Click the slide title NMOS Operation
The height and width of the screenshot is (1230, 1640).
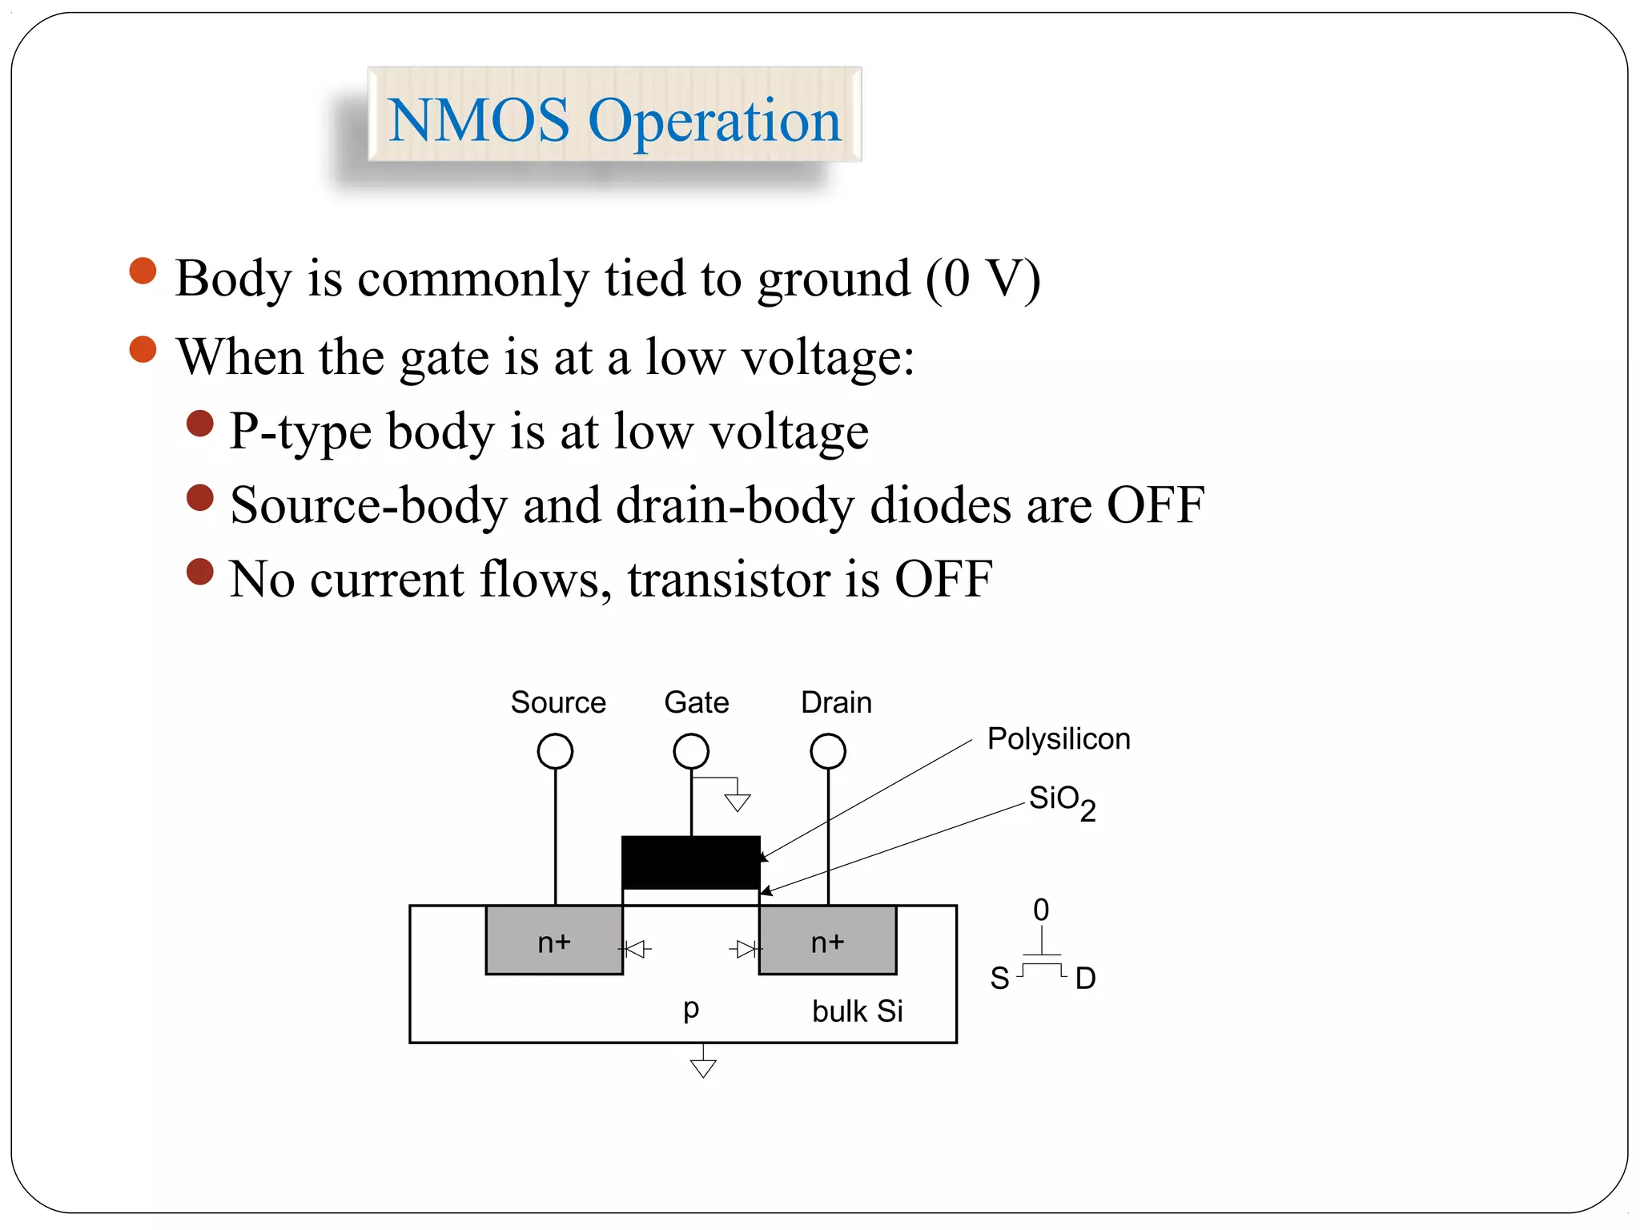pos(614,119)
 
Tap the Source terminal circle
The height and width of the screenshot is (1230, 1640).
pos(555,751)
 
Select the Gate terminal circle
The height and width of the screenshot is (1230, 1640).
pos(691,751)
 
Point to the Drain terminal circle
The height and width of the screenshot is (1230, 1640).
pos(828,751)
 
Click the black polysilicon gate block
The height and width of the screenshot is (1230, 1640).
pos(691,862)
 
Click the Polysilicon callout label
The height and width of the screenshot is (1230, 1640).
pos(1058,738)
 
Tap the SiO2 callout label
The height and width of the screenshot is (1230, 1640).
pos(1061,801)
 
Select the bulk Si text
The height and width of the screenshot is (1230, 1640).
pos(857,1011)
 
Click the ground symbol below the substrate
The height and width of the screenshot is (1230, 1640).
pos(703,1067)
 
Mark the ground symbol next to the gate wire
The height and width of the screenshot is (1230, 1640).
pos(738,801)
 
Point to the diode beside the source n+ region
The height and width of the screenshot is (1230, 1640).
pos(636,950)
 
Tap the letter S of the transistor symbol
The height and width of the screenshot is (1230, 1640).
pos(999,979)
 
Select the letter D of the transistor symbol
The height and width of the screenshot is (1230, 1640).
pos(1085,979)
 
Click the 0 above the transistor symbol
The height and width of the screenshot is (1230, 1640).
pos(1040,910)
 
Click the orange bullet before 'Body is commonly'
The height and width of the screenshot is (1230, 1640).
pos(143,271)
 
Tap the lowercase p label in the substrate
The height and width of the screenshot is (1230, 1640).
pos(691,1009)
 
